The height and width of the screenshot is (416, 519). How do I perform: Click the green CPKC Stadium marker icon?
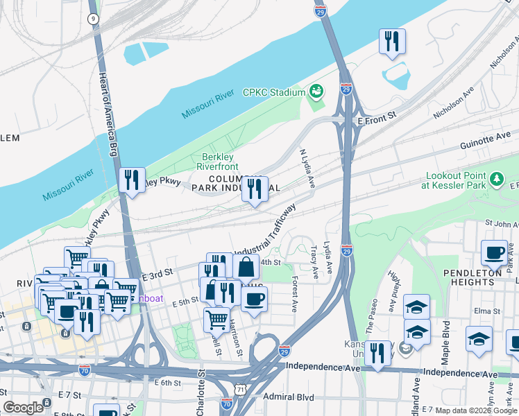pos(316,92)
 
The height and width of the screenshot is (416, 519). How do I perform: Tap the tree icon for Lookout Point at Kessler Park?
pos(496,180)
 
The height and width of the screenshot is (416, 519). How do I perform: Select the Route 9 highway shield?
pos(92,19)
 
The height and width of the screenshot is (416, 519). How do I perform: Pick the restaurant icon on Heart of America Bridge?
pos(130,180)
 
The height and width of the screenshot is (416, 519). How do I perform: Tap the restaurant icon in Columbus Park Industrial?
pos(255,188)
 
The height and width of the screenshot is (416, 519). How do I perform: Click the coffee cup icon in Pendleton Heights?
pos(494,252)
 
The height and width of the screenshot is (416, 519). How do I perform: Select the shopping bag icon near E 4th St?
pos(246,266)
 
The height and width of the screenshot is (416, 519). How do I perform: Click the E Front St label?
pos(376,121)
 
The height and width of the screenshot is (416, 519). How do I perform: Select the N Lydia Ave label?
pos(307,167)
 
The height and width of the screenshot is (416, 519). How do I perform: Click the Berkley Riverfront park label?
pos(219,162)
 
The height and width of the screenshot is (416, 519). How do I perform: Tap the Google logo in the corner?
pos(23,407)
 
